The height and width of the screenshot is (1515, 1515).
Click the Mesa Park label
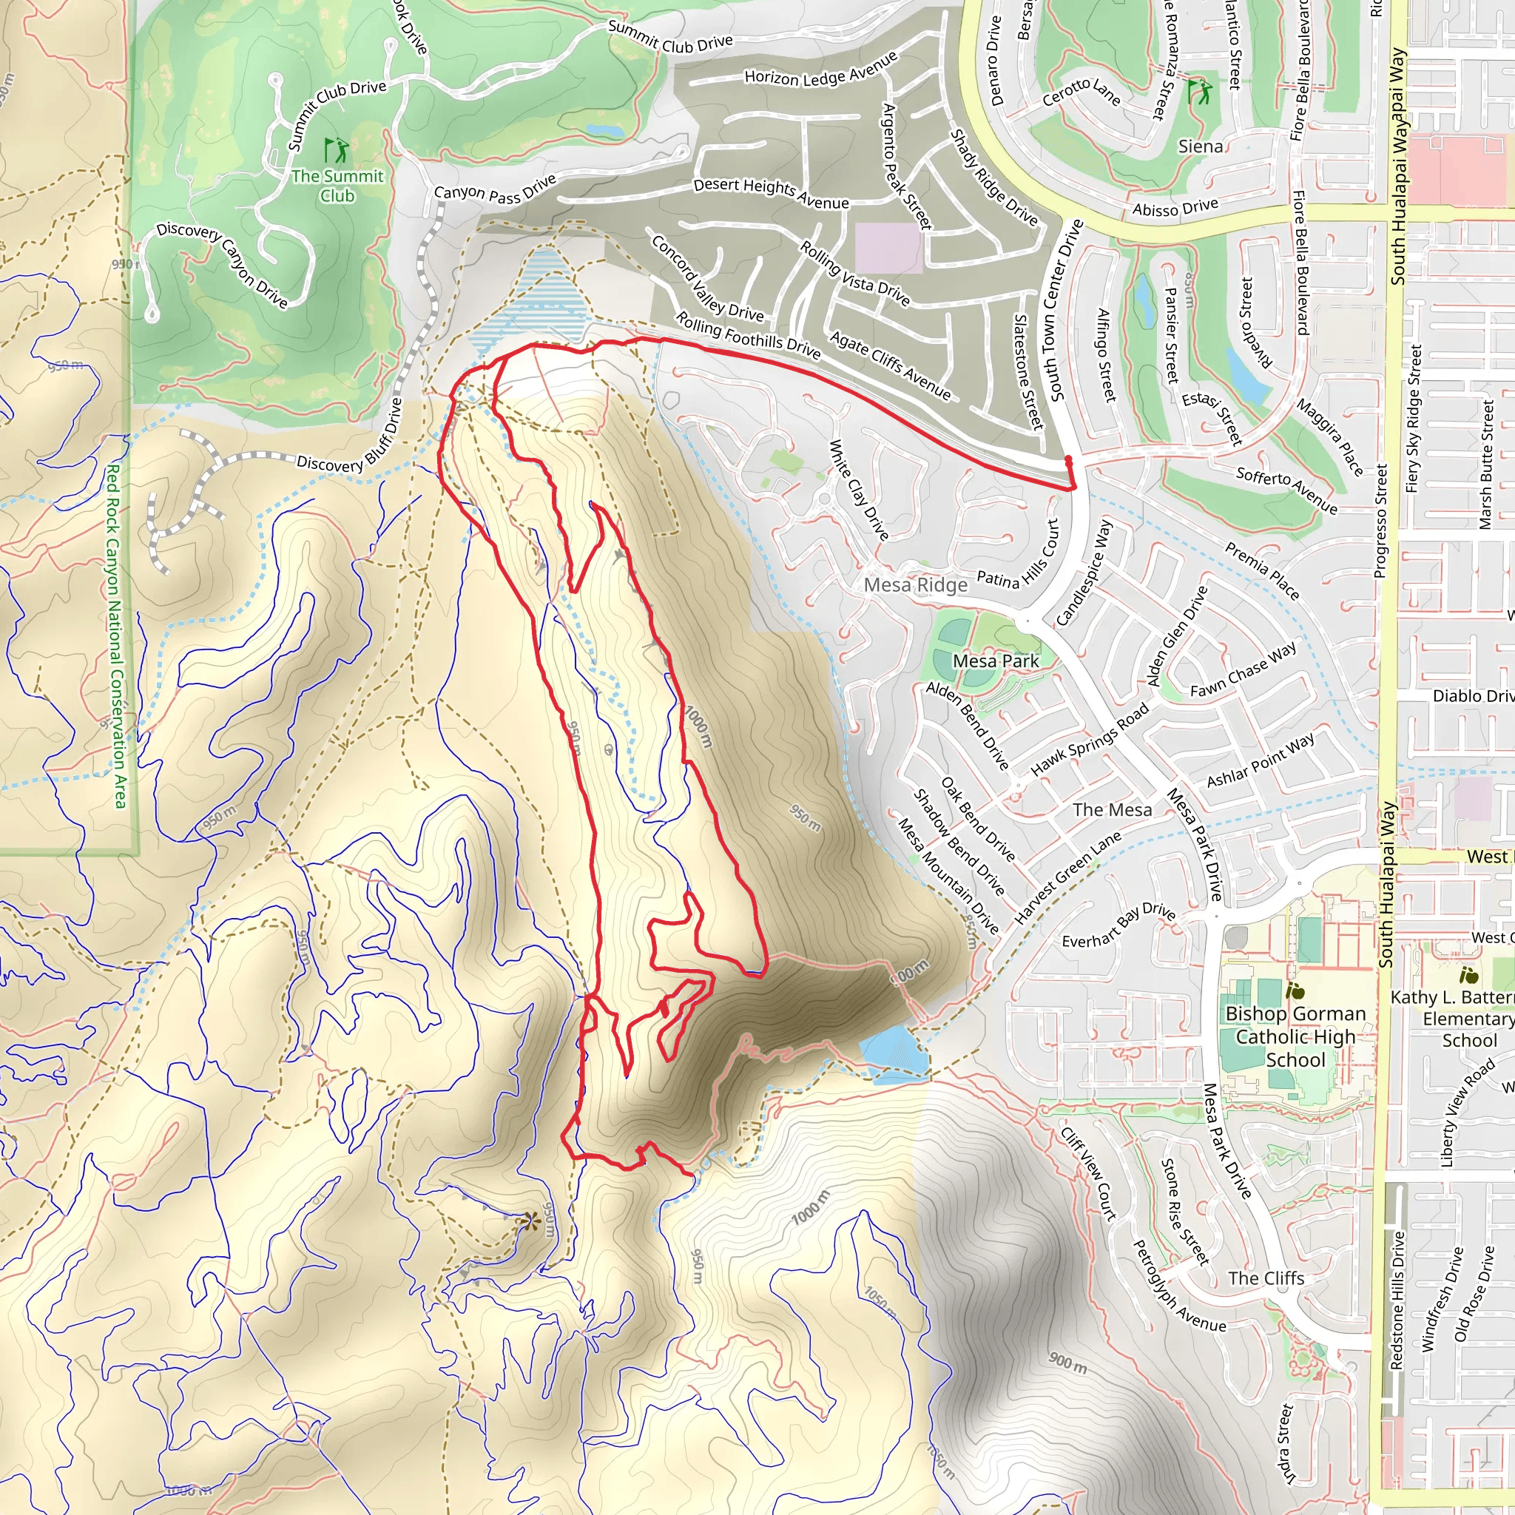pos(995,661)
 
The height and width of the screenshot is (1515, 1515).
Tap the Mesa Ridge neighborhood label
pos(915,585)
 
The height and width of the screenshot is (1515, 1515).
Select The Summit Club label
pos(337,186)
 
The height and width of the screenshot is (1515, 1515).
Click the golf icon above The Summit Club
pos(337,149)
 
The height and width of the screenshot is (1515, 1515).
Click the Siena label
pos(1200,146)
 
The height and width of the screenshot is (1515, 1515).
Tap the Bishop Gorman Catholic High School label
pos(1295,1036)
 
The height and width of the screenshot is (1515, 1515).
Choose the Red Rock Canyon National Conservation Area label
pos(115,635)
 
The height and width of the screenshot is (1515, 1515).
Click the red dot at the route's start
pos(1068,459)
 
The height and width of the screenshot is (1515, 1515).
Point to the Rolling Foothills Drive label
pos(748,336)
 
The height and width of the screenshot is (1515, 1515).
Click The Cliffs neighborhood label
pos(1266,1278)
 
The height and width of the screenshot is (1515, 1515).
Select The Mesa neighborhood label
pos(1112,810)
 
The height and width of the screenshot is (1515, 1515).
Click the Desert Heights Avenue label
pos(771,193)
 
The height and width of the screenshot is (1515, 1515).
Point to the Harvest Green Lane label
pos(1067,877)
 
